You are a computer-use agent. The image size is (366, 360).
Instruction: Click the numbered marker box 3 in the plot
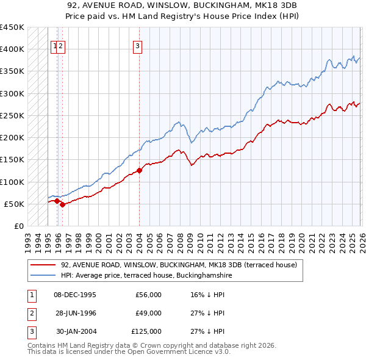138,45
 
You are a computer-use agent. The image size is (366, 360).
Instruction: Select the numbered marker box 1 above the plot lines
55,45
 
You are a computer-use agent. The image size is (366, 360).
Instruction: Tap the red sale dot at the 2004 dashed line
139,171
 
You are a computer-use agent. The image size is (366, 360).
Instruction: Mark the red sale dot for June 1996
63,204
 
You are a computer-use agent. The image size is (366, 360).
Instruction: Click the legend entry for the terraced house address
178,265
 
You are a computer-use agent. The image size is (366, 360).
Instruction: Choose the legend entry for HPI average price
146,276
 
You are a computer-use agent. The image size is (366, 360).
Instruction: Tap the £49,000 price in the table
148,313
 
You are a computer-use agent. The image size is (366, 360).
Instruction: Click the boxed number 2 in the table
31,313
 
